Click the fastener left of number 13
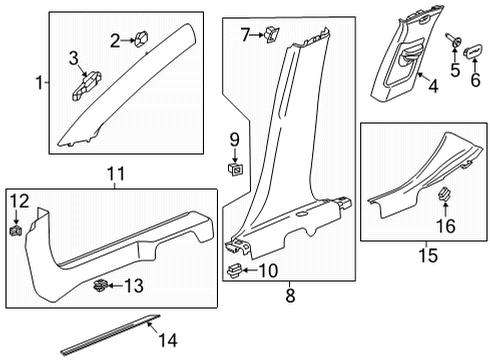(101, 287)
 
